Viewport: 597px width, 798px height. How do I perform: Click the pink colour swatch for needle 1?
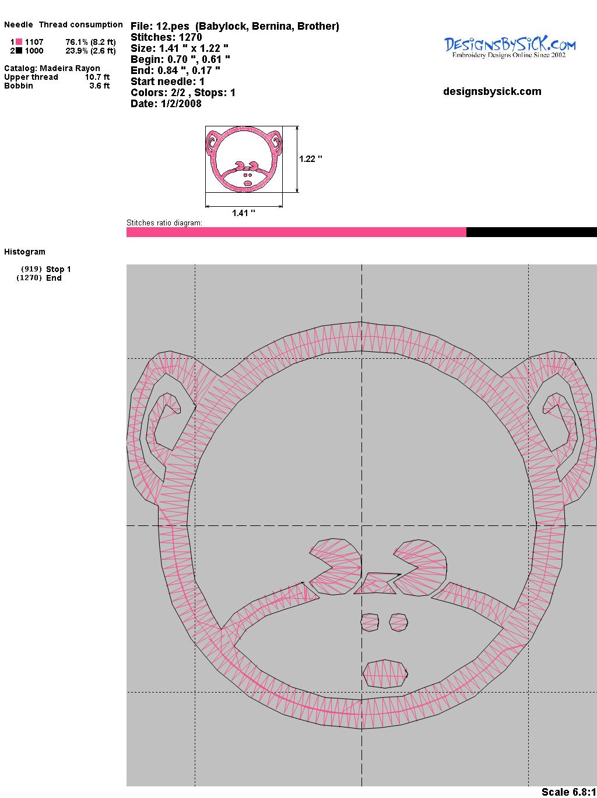tap(19, 42)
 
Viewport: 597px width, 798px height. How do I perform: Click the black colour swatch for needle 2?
tap(19, 51)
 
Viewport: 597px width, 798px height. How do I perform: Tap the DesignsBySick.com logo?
tap(510, 48)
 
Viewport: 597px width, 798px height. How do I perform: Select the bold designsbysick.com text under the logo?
tap(492, 91)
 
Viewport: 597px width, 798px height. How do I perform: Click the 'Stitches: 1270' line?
tap(166, 37)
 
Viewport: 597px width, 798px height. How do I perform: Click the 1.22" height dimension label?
tap(311, 159)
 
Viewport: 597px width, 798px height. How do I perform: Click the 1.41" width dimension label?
tap(244, 213)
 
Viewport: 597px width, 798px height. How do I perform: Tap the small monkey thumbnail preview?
tap(244, 159)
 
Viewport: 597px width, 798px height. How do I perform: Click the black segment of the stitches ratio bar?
tap(532, 232)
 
